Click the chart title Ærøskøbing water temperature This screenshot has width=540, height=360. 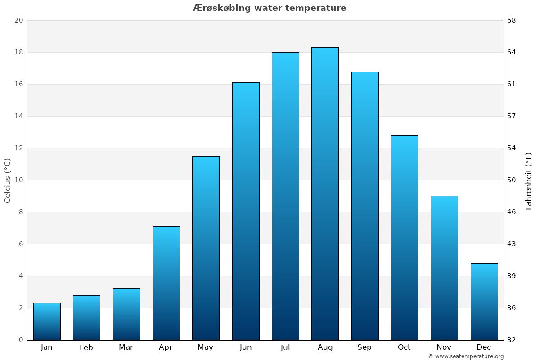[270, 8]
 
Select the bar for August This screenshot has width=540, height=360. [325, 193]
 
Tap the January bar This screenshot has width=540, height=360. [47, 321]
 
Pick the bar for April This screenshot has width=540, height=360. [166, 283]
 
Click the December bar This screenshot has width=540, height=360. [484, 301]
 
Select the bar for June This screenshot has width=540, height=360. [246, 211]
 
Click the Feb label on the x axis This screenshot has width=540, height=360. [86, 347]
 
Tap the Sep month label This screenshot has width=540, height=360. [364, 347]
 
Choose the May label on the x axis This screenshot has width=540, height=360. [206, 347]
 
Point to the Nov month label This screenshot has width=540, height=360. [444, 347]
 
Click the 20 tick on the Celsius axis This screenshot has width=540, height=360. [19, 21]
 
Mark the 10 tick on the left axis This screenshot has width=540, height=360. [19, 180]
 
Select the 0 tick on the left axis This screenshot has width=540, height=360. [21, 340]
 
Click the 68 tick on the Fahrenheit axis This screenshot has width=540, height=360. [512, 21]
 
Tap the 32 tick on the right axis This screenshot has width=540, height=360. [512, 340]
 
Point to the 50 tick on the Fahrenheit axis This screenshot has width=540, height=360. [512, 180]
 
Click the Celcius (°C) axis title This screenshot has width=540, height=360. [8, 180]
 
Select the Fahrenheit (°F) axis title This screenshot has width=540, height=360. [529, 180]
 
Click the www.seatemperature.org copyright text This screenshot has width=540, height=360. [466, 356]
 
